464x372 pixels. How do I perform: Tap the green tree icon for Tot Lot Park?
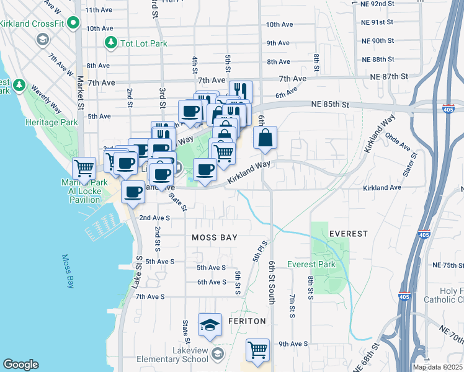111,42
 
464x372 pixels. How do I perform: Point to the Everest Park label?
311,265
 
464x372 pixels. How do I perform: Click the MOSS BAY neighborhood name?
215,237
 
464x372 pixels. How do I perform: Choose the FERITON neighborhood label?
246,321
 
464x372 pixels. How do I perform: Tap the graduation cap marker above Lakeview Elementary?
210,324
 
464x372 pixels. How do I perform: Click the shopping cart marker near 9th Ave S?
257,349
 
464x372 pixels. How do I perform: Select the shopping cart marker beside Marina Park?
84,168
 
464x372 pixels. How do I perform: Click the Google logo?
20,365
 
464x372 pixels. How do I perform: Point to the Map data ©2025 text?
437,367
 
